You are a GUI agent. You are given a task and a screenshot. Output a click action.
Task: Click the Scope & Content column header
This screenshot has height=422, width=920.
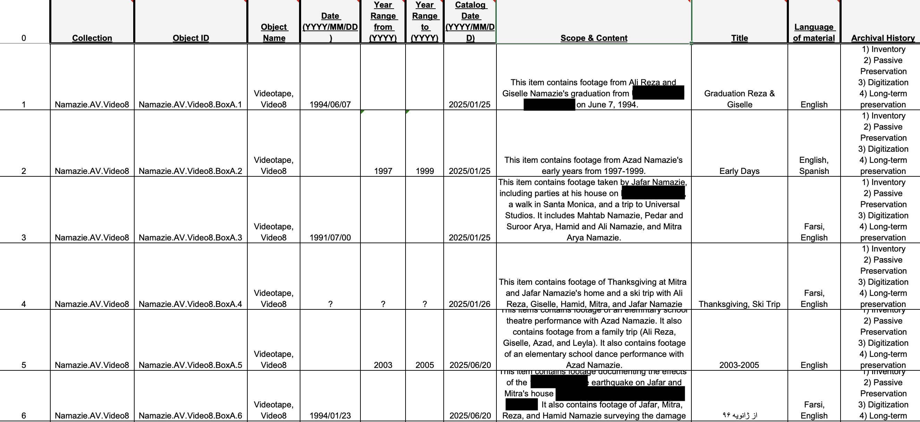594,38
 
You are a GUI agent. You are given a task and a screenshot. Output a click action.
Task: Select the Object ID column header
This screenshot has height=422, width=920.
191,38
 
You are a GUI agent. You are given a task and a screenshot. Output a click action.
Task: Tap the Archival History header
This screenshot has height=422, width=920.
883,38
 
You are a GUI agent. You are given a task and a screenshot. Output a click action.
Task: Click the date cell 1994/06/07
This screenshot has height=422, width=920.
330,105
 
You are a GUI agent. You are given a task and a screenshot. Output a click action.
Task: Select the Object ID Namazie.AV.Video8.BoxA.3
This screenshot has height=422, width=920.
190,238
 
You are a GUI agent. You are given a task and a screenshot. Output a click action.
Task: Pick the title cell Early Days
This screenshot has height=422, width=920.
739,171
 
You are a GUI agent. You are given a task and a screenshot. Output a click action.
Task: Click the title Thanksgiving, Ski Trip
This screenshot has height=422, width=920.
739,304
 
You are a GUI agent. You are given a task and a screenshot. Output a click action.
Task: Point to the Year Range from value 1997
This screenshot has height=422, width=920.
383,171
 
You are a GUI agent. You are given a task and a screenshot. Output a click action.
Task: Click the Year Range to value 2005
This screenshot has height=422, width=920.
425,365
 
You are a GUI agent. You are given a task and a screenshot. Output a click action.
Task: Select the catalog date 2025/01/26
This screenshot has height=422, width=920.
470,304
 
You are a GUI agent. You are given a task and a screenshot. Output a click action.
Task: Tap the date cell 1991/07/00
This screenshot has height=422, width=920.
330,238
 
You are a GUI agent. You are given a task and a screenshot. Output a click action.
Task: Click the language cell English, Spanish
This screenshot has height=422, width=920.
814,166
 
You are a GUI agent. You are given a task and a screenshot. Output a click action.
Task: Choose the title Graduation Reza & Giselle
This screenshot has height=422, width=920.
739,99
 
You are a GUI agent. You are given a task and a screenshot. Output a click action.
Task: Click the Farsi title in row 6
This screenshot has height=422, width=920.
739,415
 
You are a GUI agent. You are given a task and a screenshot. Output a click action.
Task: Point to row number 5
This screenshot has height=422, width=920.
24,365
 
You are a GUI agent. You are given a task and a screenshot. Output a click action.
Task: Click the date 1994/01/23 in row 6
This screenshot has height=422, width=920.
330,415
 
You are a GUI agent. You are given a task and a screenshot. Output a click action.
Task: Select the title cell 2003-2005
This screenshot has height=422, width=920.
739,365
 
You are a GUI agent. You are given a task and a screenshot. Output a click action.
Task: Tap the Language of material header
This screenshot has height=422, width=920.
814,33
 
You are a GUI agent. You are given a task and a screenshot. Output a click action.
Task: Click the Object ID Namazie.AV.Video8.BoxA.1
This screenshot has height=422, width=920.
190,105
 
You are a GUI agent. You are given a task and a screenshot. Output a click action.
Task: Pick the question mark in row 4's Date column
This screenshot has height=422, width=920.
330,304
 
